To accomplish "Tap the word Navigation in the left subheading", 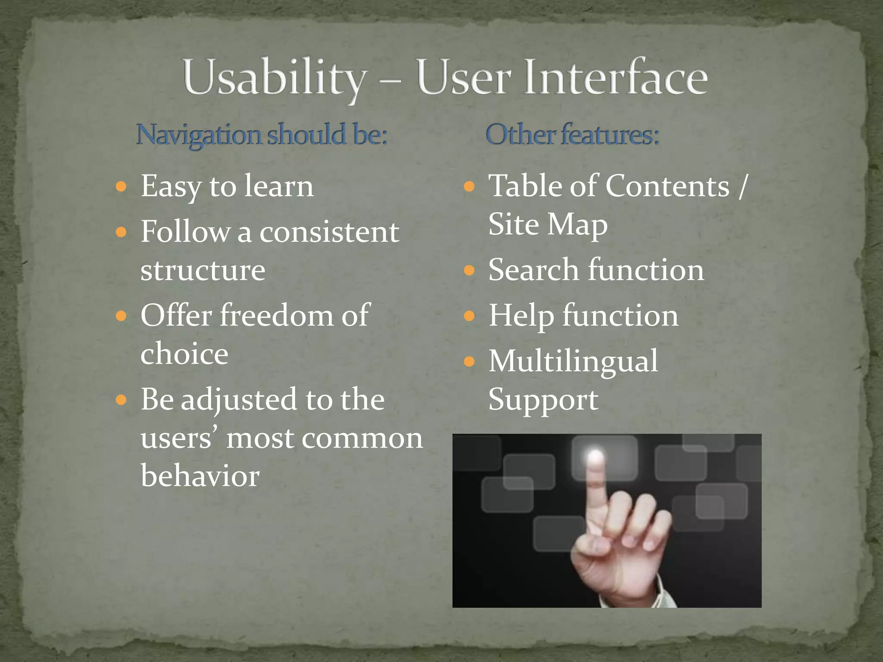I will (x=198, y=134).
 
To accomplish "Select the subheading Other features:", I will (x=572, y=134).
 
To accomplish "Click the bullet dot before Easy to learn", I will (x=121, y=187).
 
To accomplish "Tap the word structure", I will (x=203, y=271).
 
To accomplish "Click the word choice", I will (x=184, y=354).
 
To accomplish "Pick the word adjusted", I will (x=239, y=400).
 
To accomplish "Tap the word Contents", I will (x=667, y=186).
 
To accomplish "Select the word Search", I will (x=533, y=270).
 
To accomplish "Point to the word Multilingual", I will (x=573, y=361).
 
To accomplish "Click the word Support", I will (x=543, y=400).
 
